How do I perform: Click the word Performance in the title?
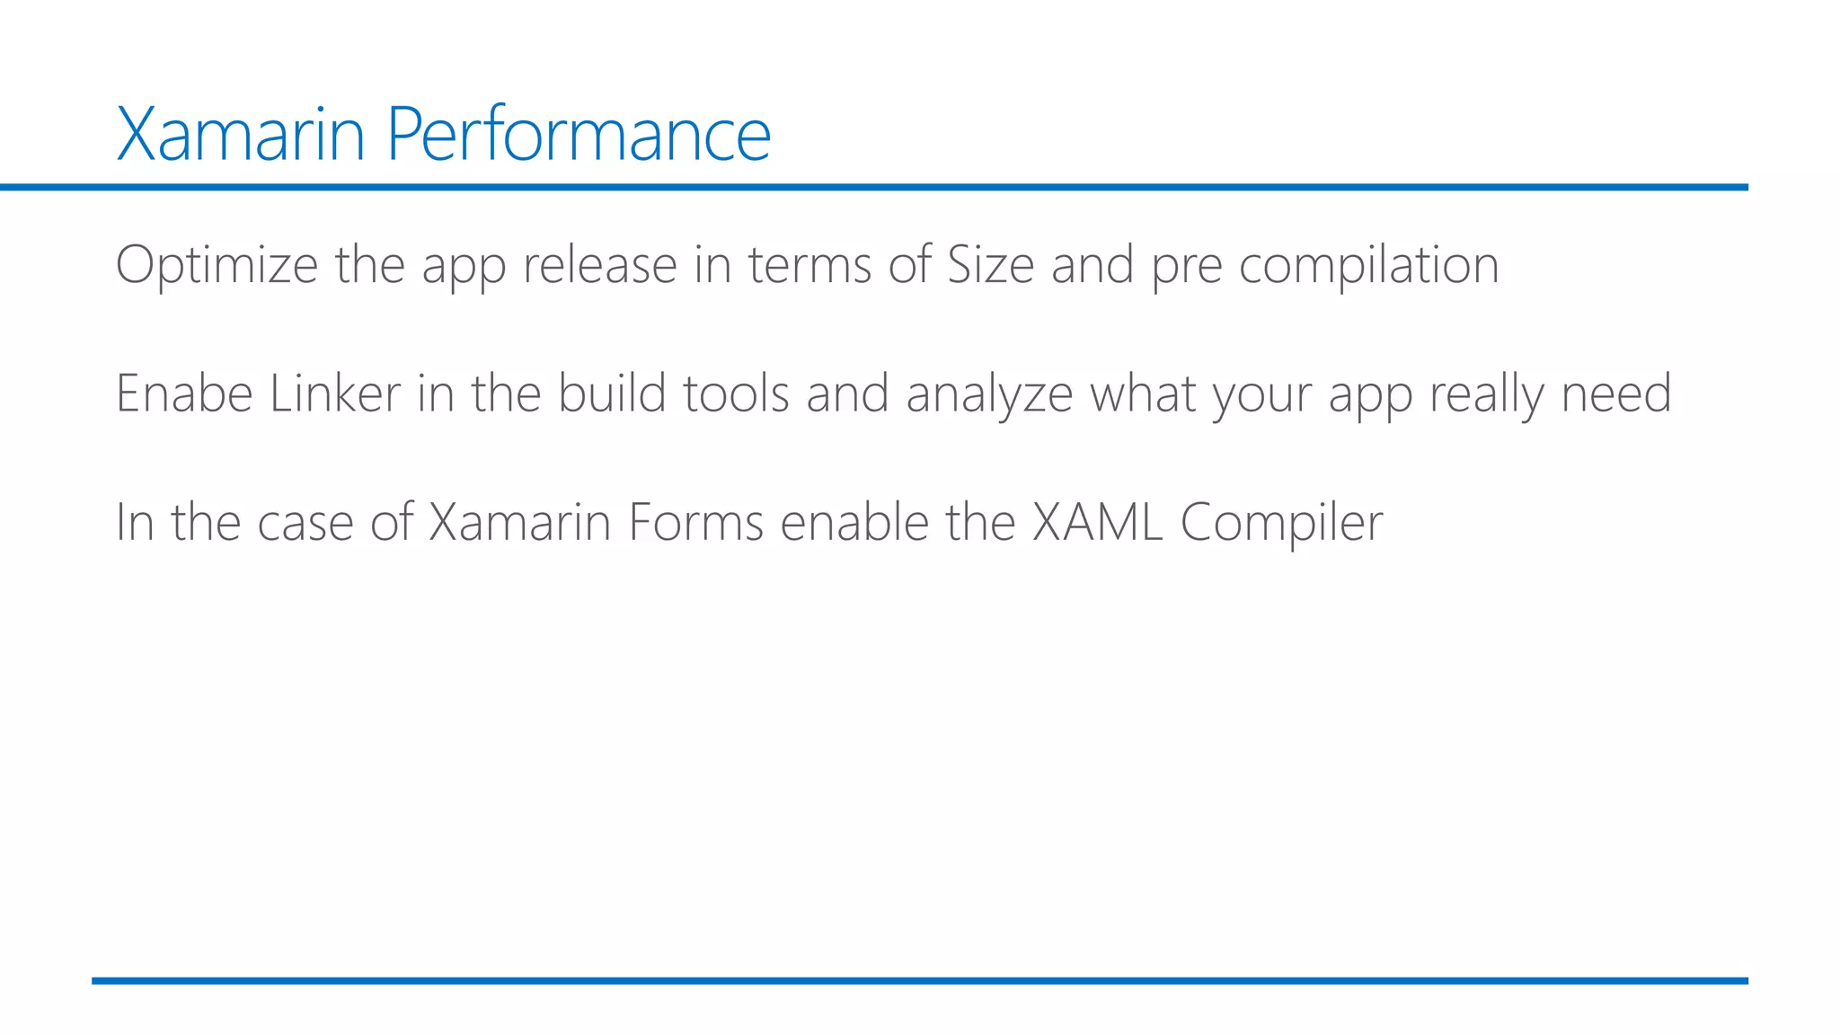tap(579, 135)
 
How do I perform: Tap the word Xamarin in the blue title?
tap(241, 135)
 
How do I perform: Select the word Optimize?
tap(217, 265)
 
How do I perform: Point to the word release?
tap(599, 265)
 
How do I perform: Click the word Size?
tap(990, 265)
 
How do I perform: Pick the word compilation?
tap(1368, 265)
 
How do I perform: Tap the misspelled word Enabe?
tap(184, 394)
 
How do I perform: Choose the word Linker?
tap(334, 394)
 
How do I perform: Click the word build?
tap(611, 394)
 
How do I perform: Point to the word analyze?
tap(989, 395)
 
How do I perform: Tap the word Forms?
tap(695, 522)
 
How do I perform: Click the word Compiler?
tap(1281, 524)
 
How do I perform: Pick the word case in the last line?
tap(305, 524)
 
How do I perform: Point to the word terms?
tap(809, 265)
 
